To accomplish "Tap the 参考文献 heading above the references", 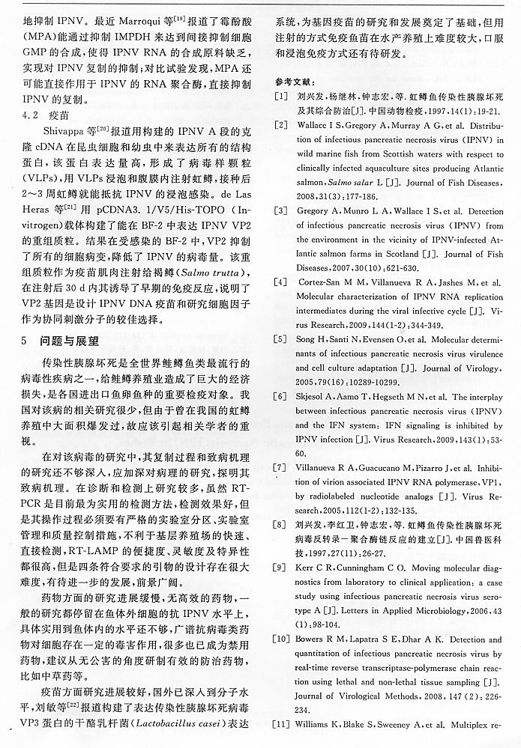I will (x=295, y=81).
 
